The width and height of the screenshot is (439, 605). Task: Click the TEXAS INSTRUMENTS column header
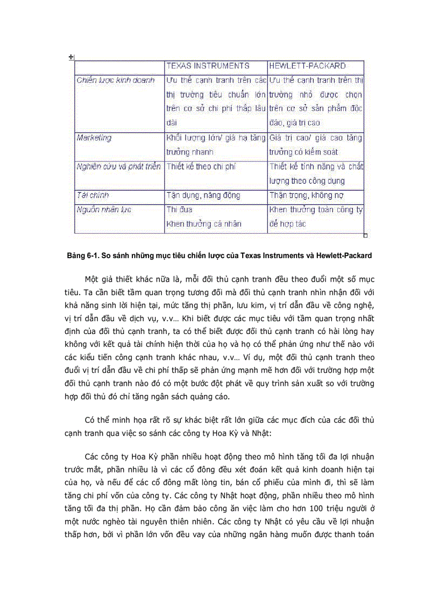208,66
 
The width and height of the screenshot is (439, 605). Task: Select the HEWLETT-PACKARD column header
307,66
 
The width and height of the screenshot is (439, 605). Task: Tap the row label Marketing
94,138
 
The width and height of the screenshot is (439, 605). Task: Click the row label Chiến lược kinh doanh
116,80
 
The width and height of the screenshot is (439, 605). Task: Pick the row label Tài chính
93,195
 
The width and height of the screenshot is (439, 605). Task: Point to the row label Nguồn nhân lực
104,210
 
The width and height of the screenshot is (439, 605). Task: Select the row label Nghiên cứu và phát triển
119,166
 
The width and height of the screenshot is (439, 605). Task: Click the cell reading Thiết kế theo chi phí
201,166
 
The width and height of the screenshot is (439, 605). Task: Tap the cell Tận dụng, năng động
203,195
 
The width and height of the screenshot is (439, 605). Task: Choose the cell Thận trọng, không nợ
306,195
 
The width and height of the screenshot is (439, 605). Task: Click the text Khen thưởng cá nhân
204,224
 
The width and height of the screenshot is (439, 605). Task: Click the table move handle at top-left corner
71,57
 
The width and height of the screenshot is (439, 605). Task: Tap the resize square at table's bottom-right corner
366,235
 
